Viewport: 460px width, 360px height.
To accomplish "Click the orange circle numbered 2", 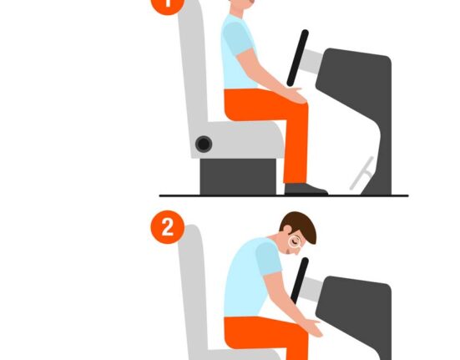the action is [x=168, y=227].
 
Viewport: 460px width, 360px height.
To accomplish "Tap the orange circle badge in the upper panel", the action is [x=167, y=4].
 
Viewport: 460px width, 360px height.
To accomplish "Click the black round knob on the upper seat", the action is [x=204, y=144].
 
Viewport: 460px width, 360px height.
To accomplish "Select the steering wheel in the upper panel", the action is [x=297, y=58].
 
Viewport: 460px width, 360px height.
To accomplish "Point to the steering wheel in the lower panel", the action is [x=300, y=280].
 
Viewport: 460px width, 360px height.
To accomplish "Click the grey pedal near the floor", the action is [x=362, y=174].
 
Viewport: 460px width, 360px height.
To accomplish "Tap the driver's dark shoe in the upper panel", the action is [x=306, y=190].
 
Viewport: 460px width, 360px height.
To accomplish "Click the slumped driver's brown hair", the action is [x=300, y=226].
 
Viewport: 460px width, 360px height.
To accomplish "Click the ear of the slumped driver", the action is [x=287, y=229].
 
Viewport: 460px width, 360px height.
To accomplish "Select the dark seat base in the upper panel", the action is [x=238, y=176].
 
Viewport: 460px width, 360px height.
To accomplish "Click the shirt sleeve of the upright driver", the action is [x=238, y=38].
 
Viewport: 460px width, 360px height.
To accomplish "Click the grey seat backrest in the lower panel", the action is [x=193, y=291].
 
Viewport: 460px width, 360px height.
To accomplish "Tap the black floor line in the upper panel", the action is [x=284, y=195].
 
